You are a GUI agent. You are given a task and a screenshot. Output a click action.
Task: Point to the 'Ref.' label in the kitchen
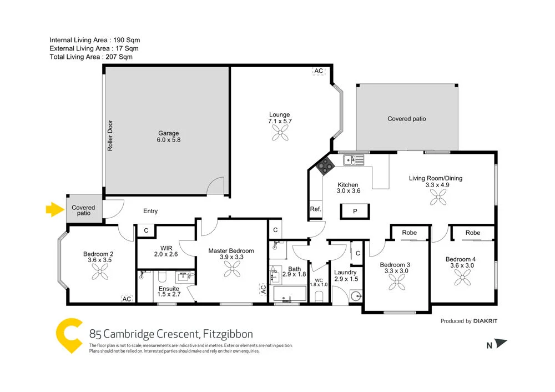coord(315,209)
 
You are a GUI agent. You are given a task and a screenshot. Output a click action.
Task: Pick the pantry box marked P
coord(355,212)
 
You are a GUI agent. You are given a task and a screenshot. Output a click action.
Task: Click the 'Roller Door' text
coord(110,135)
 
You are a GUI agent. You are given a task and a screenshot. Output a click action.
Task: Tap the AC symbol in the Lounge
coord(319,71)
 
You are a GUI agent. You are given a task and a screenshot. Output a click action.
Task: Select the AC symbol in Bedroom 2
coord(127,299)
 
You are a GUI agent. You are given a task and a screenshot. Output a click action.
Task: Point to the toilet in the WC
coord(319,296)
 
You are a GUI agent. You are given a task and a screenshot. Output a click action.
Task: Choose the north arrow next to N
coord(501,344)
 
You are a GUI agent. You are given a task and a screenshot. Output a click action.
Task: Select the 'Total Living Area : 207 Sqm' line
coord(91,57)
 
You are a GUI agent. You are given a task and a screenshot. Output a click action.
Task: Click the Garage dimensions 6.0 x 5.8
coord(169,140)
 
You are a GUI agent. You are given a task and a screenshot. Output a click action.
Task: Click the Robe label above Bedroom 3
coord(410,233)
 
